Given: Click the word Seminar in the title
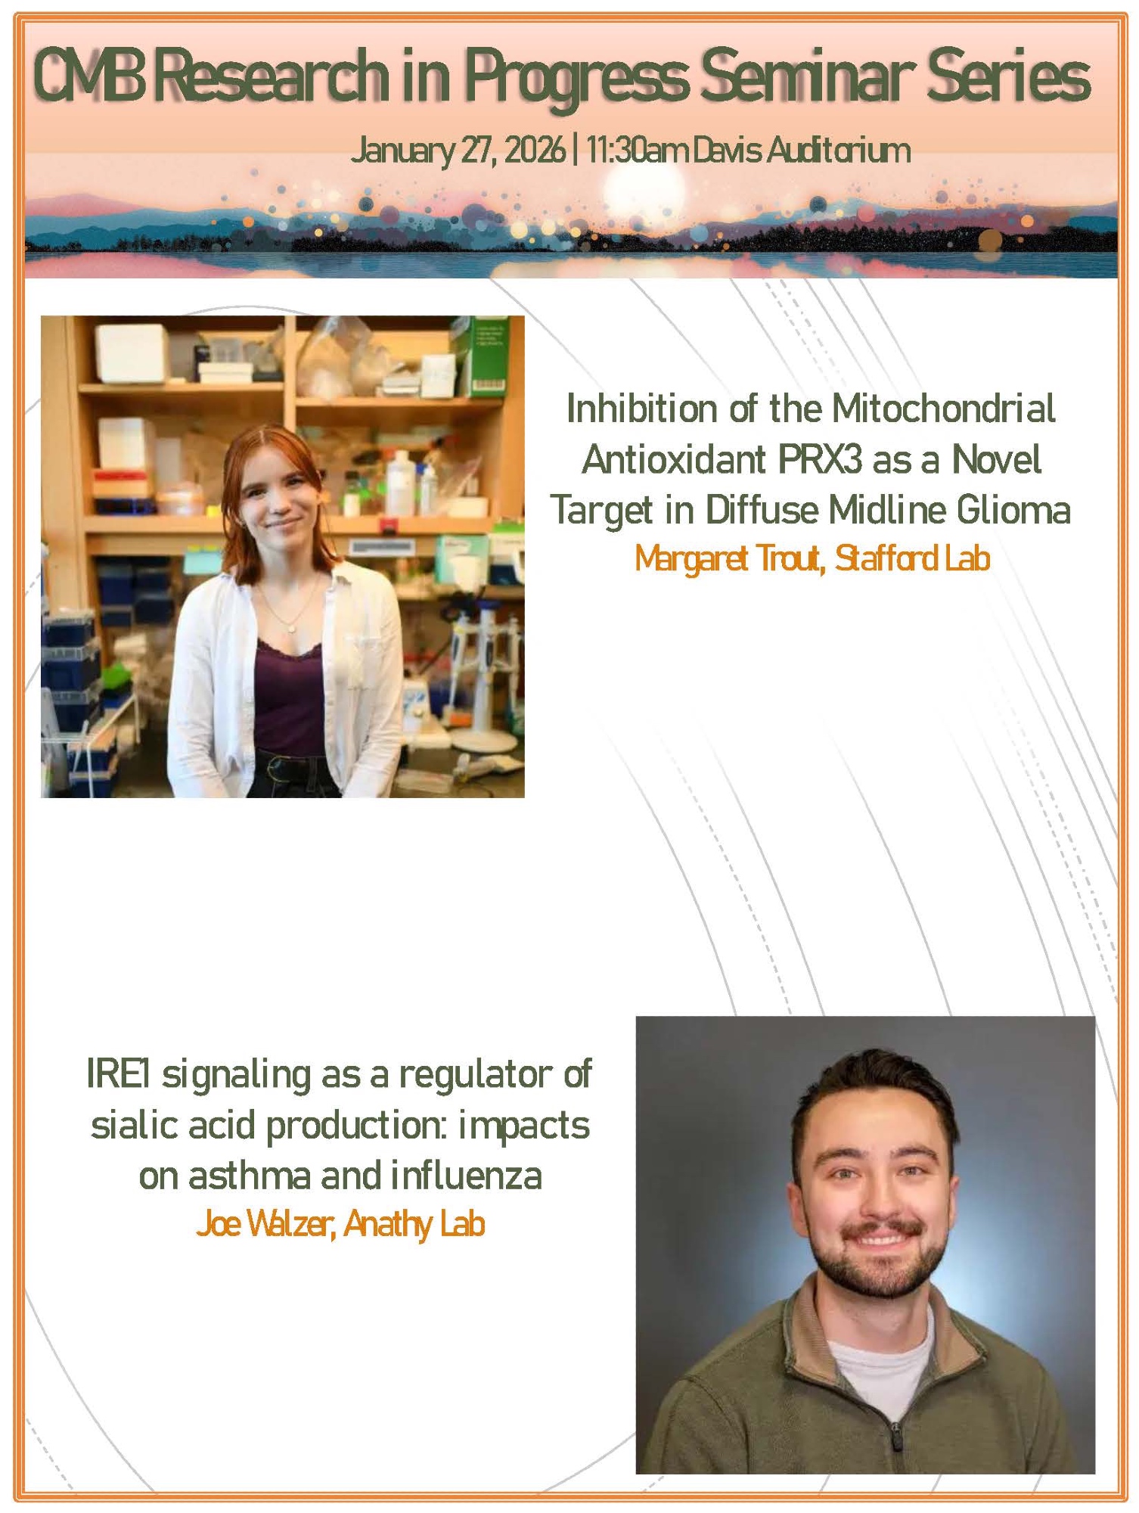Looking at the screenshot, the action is click(802, 76).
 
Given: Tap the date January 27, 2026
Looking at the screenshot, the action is click(458, 150).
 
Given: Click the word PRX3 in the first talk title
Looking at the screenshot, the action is click(822, 459).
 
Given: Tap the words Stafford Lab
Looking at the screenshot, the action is click(912, 558).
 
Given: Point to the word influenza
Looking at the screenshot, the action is click(467, 1176).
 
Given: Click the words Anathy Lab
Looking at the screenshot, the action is click(414, 1225).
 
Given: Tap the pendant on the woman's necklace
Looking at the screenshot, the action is click(292, 626).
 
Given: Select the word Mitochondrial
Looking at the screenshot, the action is click(943, 409).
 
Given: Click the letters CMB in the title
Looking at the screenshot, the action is click(89, 76).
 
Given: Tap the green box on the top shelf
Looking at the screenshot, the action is click(486, 356).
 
